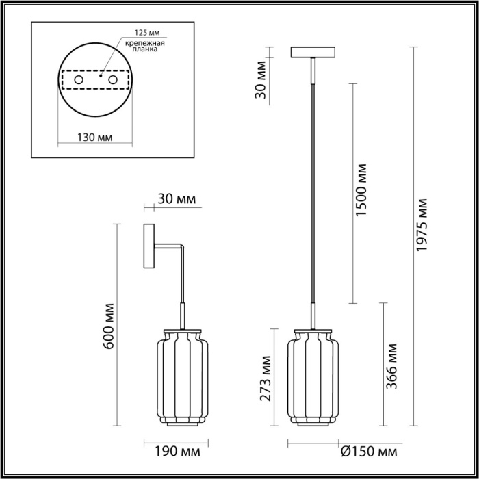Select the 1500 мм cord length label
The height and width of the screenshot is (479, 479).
click(362, 192)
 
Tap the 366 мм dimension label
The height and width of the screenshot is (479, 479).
click(392, 366)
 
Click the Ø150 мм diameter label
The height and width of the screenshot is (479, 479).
click(369, 452)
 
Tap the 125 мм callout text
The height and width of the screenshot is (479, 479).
click(137, 33)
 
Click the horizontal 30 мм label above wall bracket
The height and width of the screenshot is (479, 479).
click(177, 199)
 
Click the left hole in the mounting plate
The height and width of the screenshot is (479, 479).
click(78, 81)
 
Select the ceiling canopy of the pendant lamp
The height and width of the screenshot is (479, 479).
click(314, 52)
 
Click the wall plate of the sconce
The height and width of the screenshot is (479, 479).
click(149, 246)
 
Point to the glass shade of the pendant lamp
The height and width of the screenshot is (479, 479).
click(314, 376)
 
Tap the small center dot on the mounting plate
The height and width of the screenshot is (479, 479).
click(101, 77)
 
